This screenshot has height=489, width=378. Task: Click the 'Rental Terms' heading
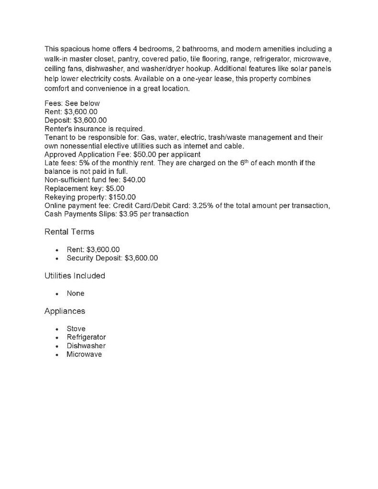coord(69,232)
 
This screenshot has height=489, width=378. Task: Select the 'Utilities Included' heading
coord(75,276)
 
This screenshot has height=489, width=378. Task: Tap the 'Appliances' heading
coord(65,311)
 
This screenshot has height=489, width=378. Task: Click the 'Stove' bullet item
coord(76,329)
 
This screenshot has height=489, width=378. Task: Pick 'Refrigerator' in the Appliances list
coord(86,338)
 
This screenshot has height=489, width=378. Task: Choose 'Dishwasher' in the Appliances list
coord(86,346)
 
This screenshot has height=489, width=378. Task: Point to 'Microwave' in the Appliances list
coord(84,355)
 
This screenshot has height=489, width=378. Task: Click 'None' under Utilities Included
coord(76,294)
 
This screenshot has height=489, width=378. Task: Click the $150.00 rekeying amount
coord(122,197)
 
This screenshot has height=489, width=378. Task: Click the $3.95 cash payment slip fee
coord(129,214)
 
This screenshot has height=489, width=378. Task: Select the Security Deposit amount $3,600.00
coord(141,258)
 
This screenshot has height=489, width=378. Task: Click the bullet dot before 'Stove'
coord(57,330)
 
